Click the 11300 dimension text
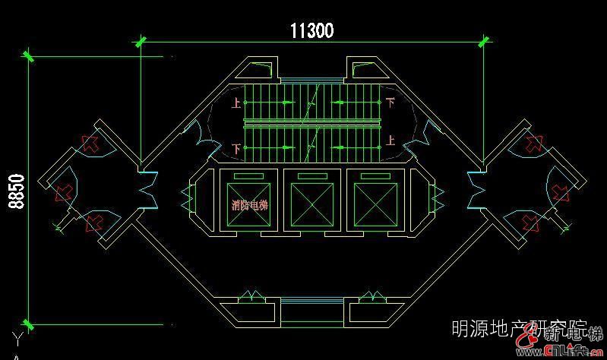pyautogui.click(x=311, y=30)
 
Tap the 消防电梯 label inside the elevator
pyautogui.click(x=249, y=204)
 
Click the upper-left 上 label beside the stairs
pyautogui.click(x=236, y=102)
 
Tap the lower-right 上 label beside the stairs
pyautogui.click(x=390, y=141)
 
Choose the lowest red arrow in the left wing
pyautogui.click(x=93, y=223)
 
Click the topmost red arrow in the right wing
pyautogui.click(x=533, y=144)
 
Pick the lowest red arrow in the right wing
pyautogui.click(x=532, y=223)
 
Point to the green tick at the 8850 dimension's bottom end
pyautogui.click(x=29, y=324)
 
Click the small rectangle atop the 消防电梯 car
pyautogui.click(x=249, y=177)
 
